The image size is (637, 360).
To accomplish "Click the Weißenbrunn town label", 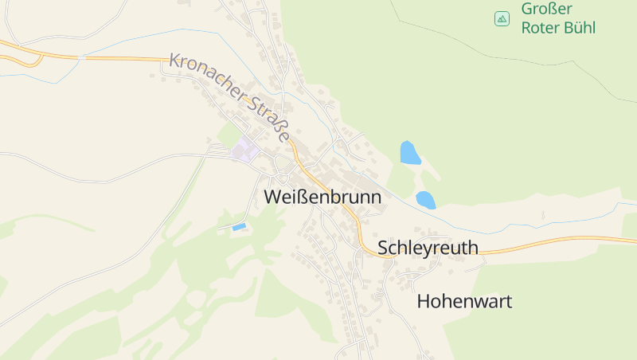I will [x=322, y=196].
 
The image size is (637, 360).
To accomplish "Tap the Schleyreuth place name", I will [x=428, y=248].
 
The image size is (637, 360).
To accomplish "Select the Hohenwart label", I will [x=464, y=302].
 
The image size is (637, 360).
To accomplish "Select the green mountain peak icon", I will [x=502, y=18].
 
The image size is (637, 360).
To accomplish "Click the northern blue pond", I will [x=410, y=152].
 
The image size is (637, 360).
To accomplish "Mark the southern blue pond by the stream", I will [x=426, y=200].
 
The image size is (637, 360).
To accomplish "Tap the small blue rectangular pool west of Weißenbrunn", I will [x=238, y=228].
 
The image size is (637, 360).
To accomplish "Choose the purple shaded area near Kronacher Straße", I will [x=245, y=148].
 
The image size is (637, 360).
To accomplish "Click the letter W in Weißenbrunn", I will [x=272, y=196].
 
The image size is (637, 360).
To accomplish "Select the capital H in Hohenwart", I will [x=424, y=302].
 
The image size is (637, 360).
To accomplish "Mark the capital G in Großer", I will [x=527, y=10].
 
